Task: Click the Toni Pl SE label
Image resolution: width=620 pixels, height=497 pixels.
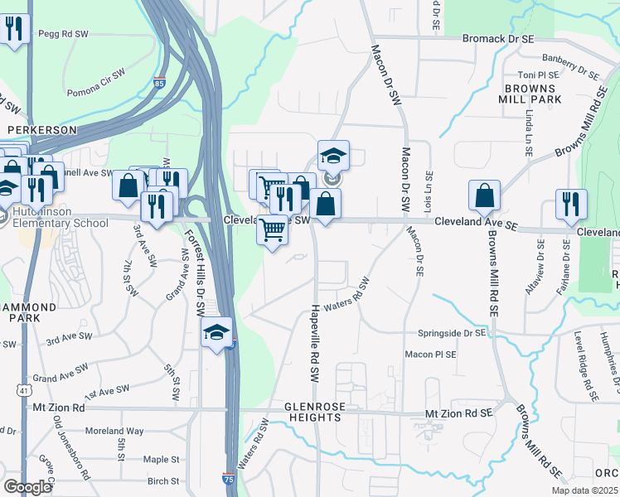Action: click(x=540, y=75)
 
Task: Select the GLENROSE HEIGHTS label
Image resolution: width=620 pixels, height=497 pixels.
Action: click(x=312, y=413)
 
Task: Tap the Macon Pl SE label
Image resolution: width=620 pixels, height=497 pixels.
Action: click(x=430, y=355)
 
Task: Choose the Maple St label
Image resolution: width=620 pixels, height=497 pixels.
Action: click(x=161, y=459)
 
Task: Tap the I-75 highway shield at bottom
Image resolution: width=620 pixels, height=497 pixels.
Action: click(x=228, y=479)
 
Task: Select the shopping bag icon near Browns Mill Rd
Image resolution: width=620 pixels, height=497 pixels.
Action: click(x=484, y=195)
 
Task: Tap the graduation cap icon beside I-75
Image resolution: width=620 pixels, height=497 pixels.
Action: click(x=216, y=332)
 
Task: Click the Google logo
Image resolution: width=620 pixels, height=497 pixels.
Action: click(x=27, y=488)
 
